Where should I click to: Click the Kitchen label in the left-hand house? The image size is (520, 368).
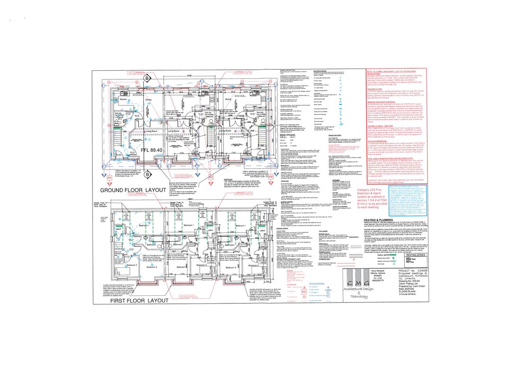click(x=123, y=100)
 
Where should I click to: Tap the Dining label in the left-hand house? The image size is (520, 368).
click(x=148, y=100)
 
